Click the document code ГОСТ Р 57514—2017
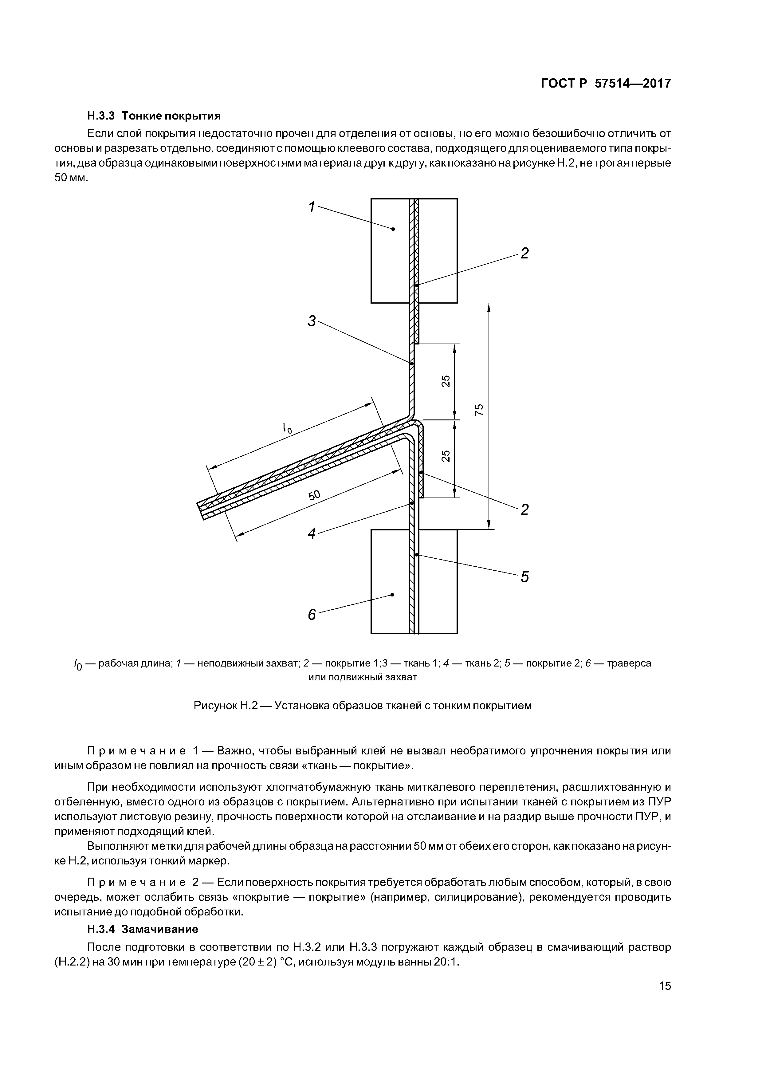click(606, 84)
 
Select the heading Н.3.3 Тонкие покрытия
click(154, 116)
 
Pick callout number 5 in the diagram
click(524, 576)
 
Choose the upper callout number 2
click(524, 254)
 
